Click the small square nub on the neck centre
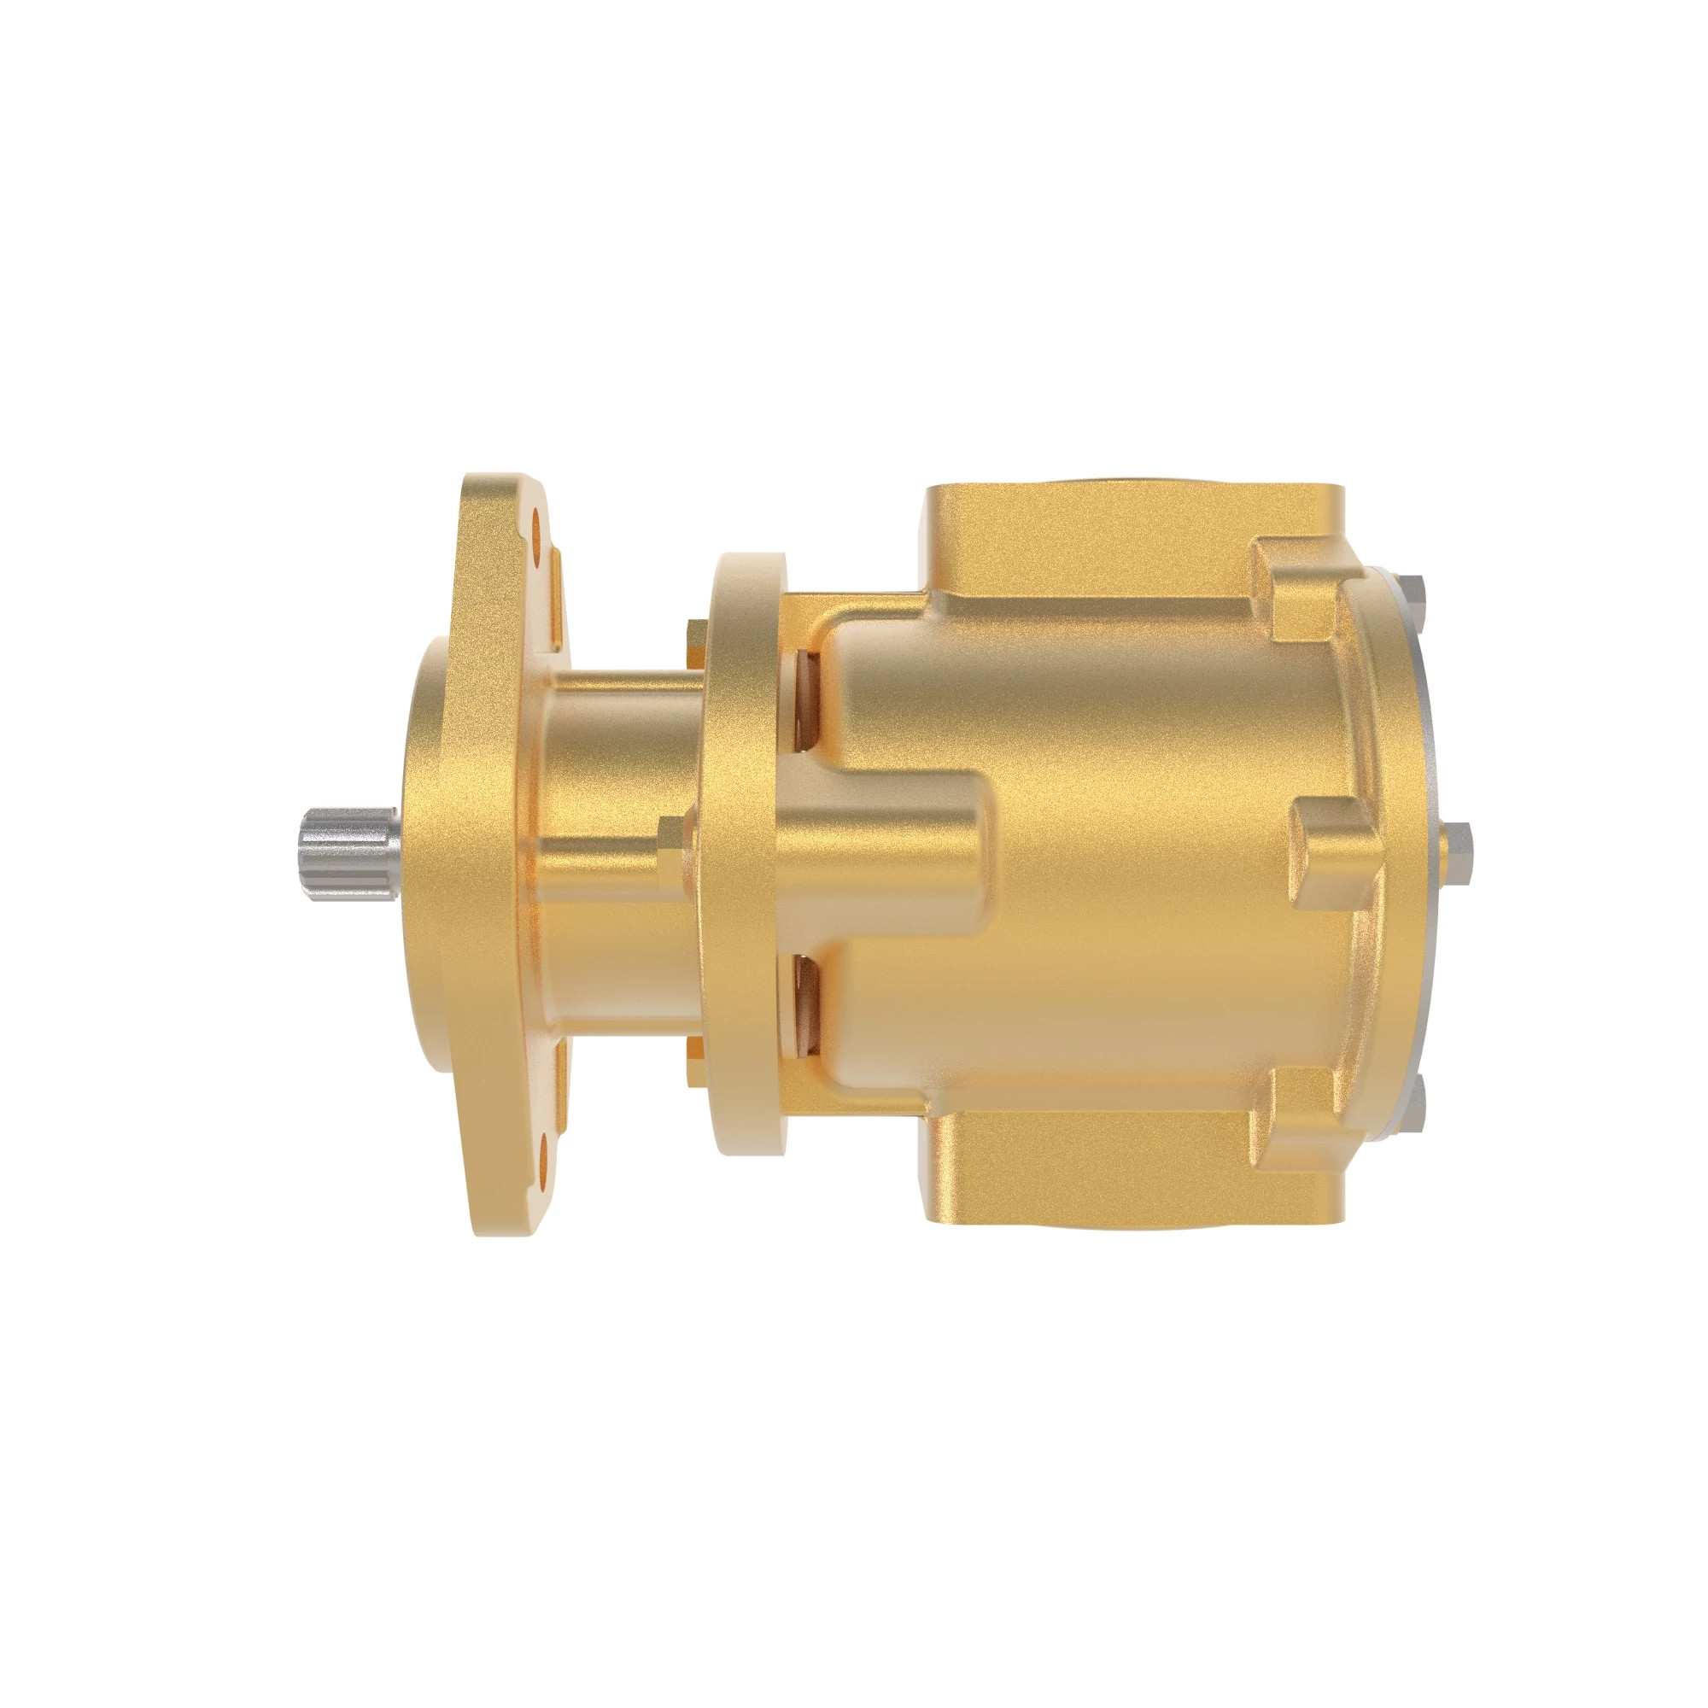coord(672,845)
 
